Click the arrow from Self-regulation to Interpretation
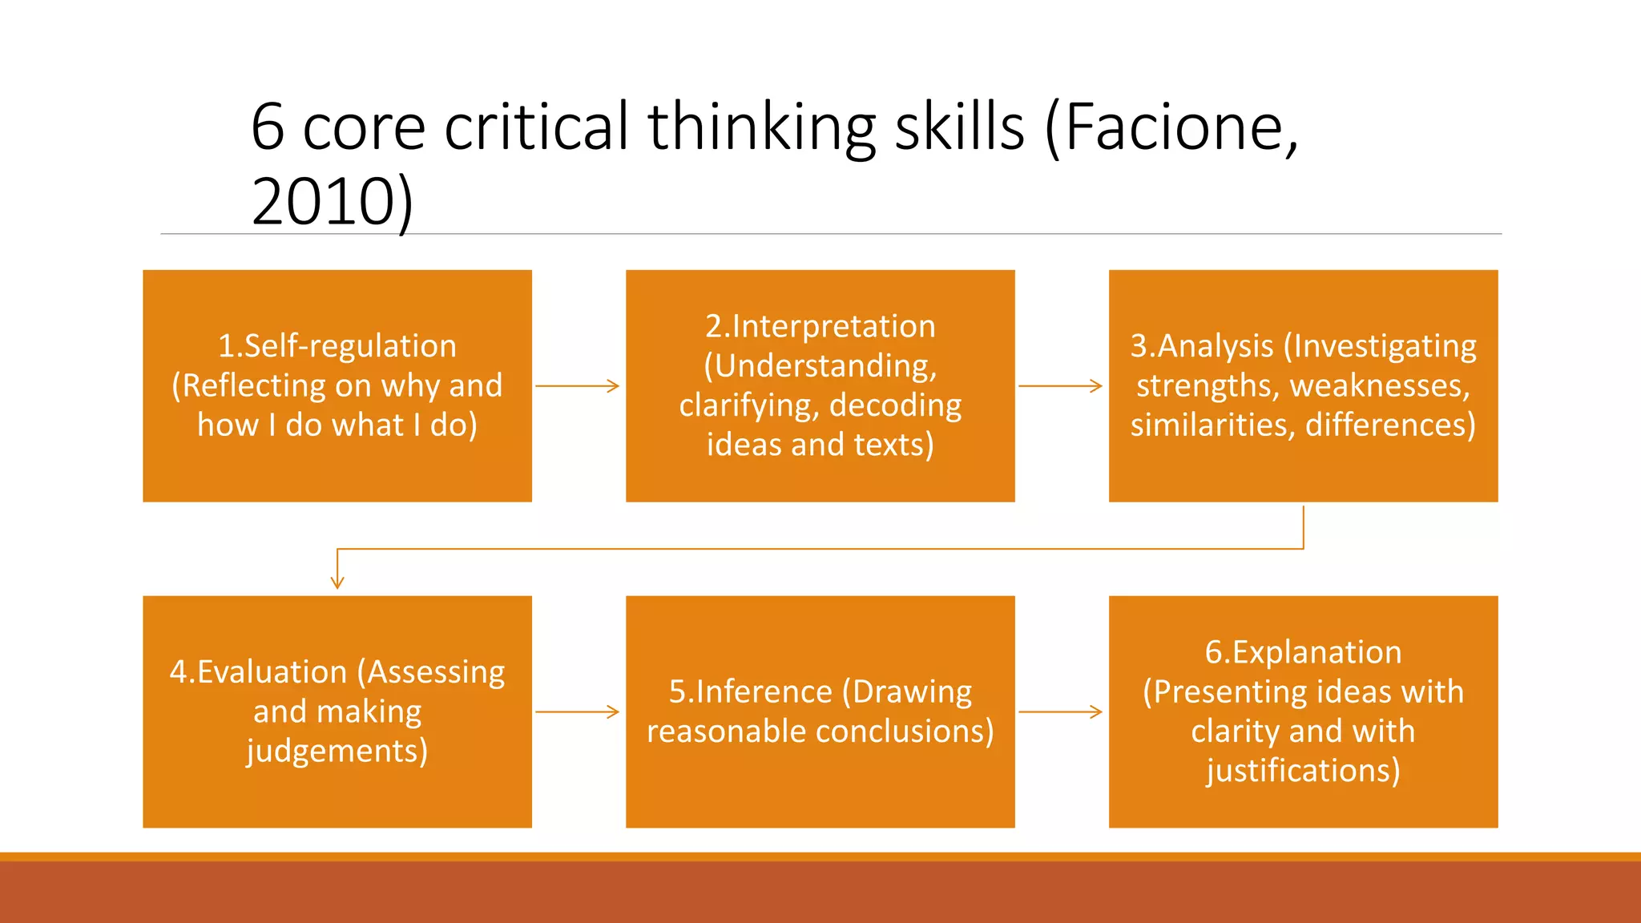(x=578, y=386)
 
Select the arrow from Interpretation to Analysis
(x=1060, y=386)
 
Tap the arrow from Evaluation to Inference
(x=578, y=711)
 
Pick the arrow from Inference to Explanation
(x=1060, y=711)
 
